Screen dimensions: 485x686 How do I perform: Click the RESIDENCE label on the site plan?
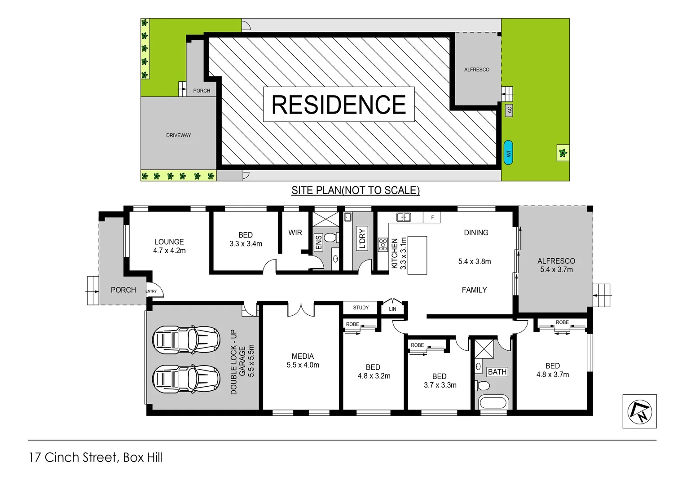339,105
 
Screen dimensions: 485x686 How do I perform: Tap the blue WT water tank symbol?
508,153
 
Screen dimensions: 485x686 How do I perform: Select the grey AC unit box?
509,110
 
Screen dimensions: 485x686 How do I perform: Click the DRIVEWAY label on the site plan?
179,135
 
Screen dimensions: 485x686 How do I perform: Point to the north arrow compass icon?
639,411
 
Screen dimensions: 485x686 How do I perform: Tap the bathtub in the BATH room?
493,402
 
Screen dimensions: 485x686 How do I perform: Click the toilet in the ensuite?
331,238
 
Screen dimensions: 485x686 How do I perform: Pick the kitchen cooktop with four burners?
383,245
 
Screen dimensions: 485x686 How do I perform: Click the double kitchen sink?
404,217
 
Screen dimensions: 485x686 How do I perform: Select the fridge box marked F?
432,217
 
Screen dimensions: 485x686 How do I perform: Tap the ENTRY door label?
151,291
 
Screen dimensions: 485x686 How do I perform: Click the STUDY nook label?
361,308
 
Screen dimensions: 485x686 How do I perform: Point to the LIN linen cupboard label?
392,309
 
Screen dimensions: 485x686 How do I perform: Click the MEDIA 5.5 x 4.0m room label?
303,361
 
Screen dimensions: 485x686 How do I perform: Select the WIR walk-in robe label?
295,233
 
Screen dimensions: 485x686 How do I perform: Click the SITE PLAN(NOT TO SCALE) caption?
356,190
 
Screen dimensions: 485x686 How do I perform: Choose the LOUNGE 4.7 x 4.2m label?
169,246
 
